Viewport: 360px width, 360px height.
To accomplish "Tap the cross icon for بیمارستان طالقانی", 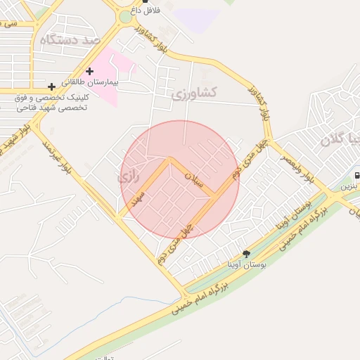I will (x=89, y=71).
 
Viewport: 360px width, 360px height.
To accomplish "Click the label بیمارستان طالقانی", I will (x=89, y=82).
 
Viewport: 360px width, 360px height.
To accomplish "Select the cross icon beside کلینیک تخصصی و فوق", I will (x=51, y=86).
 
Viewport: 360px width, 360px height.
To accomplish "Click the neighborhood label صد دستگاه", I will (x=70, y=39).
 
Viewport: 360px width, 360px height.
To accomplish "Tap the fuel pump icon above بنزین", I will (x=357, y=176).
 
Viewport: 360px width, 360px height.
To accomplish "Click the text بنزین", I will (x=349, y=187).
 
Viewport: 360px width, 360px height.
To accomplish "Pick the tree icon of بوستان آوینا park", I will (x=245, y=253).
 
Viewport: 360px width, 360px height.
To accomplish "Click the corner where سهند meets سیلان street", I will (x=169, y=160).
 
